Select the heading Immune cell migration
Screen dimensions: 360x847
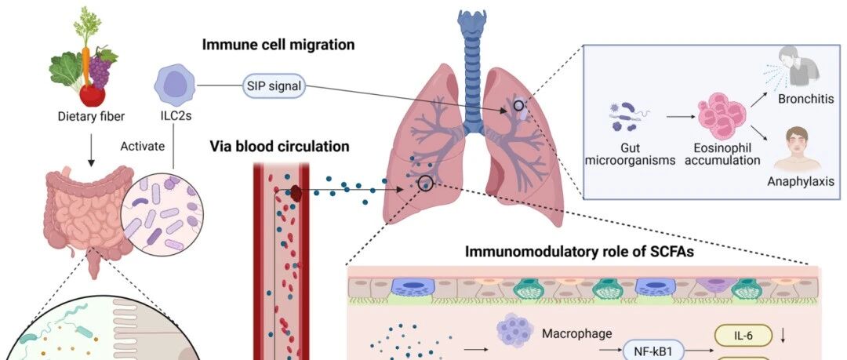(x=278, y=45)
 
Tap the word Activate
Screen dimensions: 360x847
(x=141, y=145)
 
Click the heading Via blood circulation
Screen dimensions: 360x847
(x=279, y=146)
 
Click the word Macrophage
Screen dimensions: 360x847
(x=576, y=334)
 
